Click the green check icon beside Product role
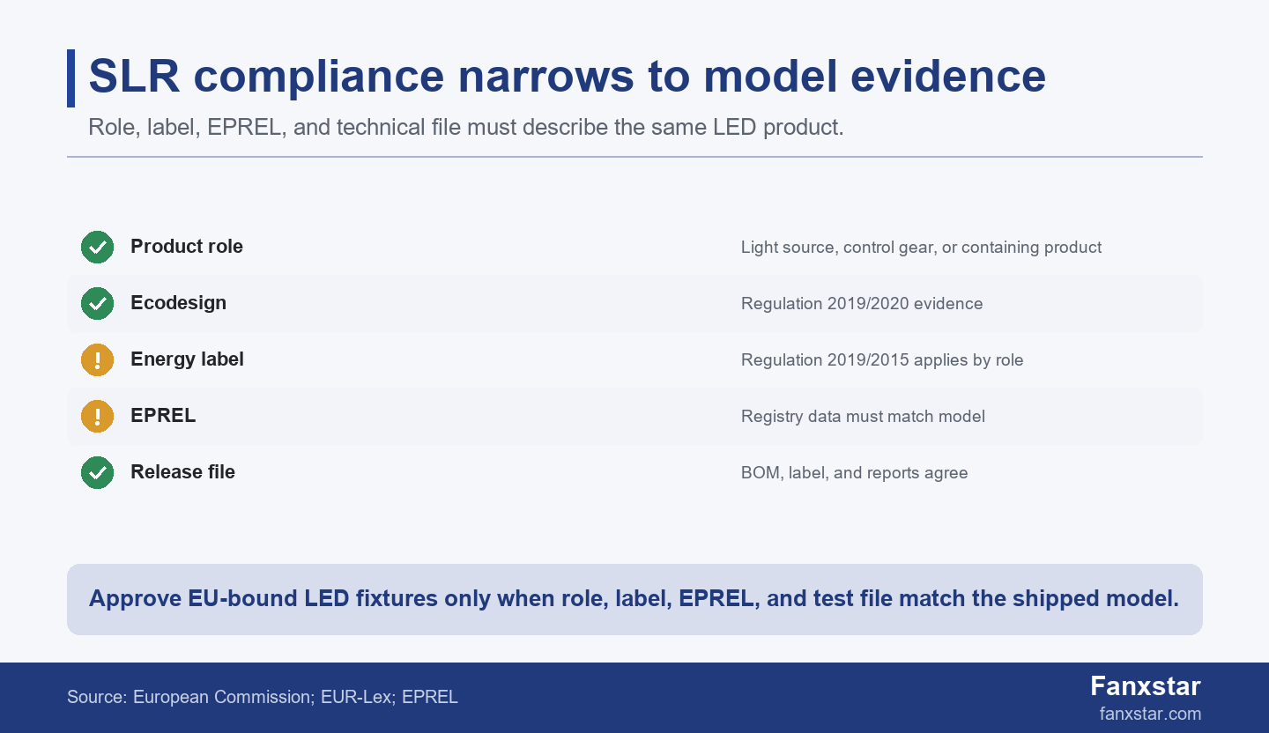pos(98,247)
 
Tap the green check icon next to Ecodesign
pos(98,304)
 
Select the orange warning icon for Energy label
pos(98,359)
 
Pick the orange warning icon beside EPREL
pos(98,417)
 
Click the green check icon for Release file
pos(98,472)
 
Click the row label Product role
pos(187,247)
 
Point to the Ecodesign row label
pos(178,303)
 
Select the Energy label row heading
pos(187,359)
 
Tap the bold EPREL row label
pos(163,416)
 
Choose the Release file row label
pos(182,472)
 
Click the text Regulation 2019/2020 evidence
pos(862,304)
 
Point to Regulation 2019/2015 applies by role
pos(882,360)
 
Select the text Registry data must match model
pos(863,417)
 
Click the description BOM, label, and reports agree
pos(854,473)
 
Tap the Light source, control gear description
pos(921,248)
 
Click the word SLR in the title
pos(134,77)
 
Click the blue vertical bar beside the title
pos(70,78)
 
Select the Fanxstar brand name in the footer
pos(1146,686)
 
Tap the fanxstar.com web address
pos(1150,714)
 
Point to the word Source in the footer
pos(97,697)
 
